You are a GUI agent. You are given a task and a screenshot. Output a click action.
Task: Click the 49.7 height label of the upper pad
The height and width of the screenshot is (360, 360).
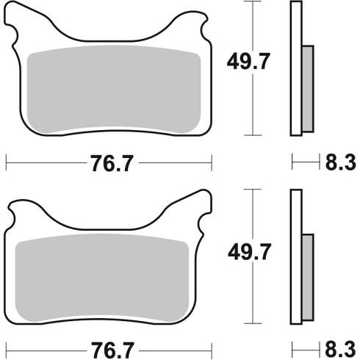click(248, 61)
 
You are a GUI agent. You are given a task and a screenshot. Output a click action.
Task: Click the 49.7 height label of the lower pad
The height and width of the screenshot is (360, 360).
click(249, 251)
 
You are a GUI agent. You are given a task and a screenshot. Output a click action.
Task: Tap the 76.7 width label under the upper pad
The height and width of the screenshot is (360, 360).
click(112, 163)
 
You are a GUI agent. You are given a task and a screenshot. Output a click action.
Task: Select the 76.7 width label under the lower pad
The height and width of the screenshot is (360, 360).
click(113, 350)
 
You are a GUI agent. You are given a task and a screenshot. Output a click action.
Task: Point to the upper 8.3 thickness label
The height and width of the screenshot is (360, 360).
click(340, 162)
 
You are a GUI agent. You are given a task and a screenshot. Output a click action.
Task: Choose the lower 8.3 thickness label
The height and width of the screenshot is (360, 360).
click(340, 349)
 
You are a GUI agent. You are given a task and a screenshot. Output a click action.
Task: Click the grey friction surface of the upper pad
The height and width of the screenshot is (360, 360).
click(114, 90)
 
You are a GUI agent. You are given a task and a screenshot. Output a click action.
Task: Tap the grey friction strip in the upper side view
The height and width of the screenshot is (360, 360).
click(308, 89)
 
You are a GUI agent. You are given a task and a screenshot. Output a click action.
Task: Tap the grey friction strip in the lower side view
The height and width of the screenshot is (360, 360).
click(308, 278)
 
